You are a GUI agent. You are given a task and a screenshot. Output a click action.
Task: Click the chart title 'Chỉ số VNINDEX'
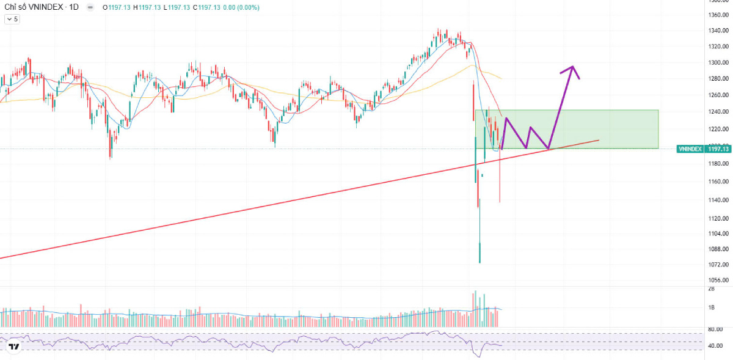coord(31,7)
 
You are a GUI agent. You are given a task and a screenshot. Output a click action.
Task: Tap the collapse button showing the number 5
coord(12,19)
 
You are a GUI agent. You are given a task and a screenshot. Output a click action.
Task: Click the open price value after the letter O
coord(119,7)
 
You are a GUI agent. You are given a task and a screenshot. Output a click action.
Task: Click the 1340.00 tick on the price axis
coord(717,31)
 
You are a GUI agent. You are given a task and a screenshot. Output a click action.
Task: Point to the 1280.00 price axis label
coord(717,78)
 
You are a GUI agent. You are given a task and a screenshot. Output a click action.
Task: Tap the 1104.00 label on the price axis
coord(717,233)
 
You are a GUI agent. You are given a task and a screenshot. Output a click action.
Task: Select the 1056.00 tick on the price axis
coord(717,280)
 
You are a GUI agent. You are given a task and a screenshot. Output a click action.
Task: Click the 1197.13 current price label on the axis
coord(718,149)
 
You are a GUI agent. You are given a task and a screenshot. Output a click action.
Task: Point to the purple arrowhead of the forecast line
coord(572,68)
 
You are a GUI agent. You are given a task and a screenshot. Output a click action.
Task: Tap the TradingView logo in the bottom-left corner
coord(14,347)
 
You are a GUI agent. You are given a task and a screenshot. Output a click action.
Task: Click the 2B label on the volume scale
coord(711,288)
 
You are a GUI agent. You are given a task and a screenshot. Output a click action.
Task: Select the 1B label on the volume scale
coord(711,307)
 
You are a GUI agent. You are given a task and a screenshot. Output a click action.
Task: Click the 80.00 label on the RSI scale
coord(715,329)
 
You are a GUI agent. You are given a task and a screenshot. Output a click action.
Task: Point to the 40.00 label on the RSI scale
coord(715,345)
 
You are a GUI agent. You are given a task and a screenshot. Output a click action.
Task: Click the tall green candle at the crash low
coord(480,252)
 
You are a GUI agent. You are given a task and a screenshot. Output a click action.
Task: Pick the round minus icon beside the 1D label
coord(90,7)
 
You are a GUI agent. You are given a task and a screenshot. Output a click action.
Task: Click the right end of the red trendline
coord(598,141)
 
